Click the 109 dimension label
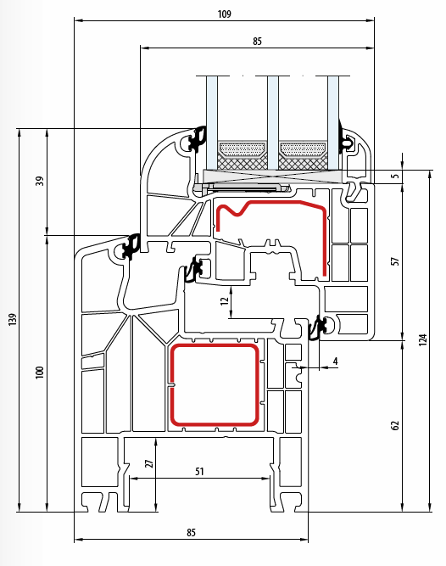pos(224,14)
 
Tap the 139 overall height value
pos(13,319)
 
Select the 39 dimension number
pos(40,181)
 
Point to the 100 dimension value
pos(40,373)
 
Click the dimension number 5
pos(395,176)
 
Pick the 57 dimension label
pos(395,261)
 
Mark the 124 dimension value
pos(423,339)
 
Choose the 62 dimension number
pos(395,425)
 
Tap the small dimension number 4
pos(336,361)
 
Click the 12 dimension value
pos(225,300)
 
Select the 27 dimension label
pos(149,463)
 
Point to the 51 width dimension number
pos(199,472)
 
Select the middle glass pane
pos(273,123)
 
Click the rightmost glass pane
pos(333,123)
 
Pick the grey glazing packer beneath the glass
pos(273,177)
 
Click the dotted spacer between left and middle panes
pos(242,149)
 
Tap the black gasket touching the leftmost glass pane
pos(198,139)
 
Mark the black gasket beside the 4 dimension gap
pos(319,327)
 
